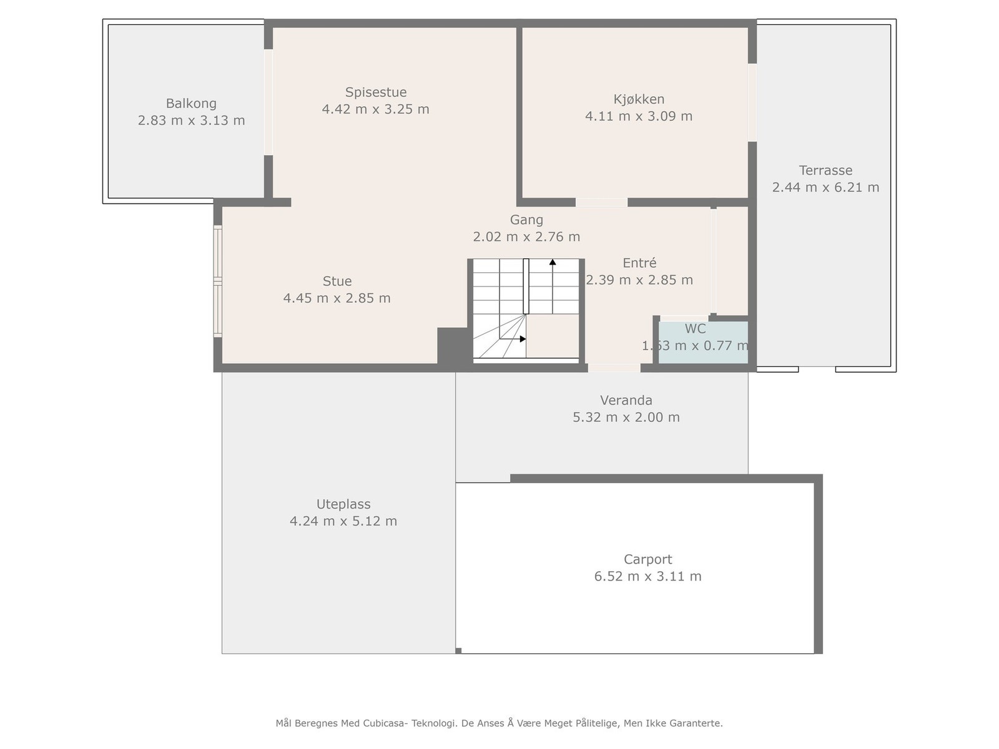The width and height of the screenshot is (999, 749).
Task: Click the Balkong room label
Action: [x=191, y=104]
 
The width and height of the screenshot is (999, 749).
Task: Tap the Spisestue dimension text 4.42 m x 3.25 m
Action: [x=375, y=109]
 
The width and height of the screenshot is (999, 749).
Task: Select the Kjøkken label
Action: [x=639, y=99]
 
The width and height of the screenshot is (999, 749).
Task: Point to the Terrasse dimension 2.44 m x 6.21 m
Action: [x=825, y=187]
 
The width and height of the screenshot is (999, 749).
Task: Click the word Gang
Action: [x=526, y=220]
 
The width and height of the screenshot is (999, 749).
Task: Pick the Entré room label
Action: [x=639, y=263]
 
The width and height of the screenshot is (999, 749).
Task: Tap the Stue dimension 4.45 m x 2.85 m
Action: [x=337, y=298]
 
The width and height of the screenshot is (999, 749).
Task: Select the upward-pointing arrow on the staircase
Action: [x=553, y=263]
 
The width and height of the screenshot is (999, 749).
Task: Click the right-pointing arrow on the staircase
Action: [x=522, y=339]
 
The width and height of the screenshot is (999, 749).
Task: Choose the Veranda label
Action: [x=626, y=400]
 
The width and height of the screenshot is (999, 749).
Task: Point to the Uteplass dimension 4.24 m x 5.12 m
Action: [x=343, y=521]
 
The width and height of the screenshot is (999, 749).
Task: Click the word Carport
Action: [x=647, y=559]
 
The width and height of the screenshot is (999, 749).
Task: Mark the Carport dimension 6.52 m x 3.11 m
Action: [x=647, y=576]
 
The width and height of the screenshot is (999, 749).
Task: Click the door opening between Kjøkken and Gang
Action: [x=601, y=202]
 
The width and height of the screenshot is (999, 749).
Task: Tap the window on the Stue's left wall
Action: [x=218, y=281]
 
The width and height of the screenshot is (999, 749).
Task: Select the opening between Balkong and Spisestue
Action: [x=268, y=102]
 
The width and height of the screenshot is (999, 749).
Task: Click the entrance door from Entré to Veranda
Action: [x=614, y=368]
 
